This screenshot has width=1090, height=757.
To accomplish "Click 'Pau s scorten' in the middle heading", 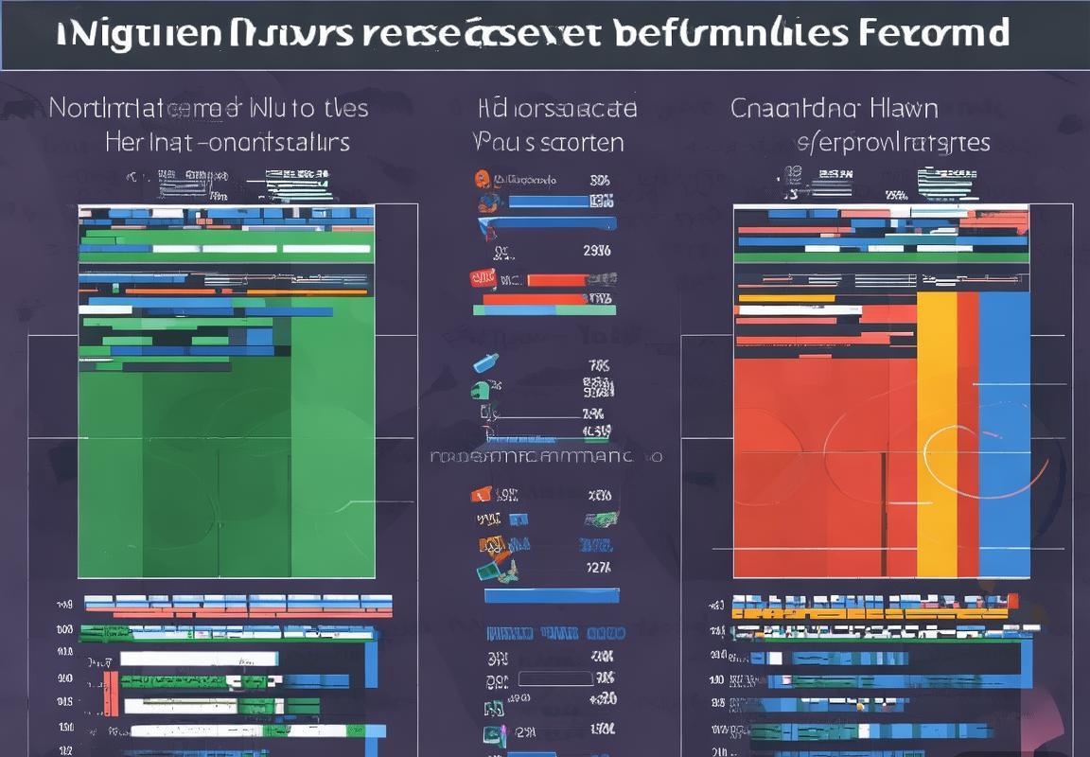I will pos(549,143).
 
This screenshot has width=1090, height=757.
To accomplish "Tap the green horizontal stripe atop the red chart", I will pos(881,256).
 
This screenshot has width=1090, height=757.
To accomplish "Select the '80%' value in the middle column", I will pos(600,180).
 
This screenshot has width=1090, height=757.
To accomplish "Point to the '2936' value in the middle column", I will pos(596,251).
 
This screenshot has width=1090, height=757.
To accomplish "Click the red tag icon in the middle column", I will pos(483,278).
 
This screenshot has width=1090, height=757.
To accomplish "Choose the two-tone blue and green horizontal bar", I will pos(544,309).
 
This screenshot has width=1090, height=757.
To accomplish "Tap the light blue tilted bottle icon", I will pos(484,362).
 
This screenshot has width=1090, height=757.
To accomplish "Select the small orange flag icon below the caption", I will pos(481,494).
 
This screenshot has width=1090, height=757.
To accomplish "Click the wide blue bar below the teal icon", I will pos(550,595).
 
